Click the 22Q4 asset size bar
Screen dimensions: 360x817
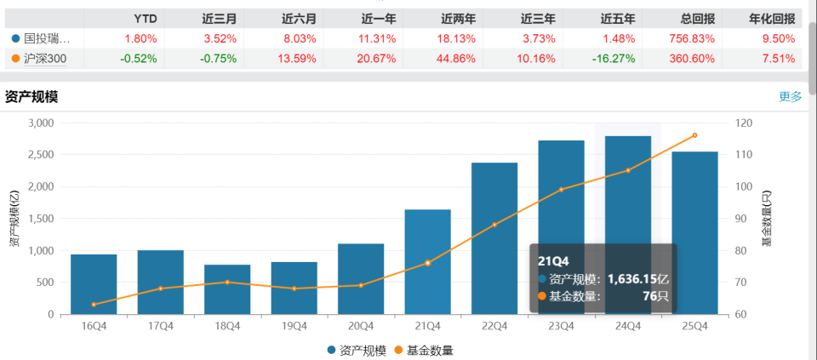point(494,238)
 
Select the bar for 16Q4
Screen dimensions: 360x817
point(94,284)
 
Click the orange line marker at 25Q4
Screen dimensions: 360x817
point(694,135)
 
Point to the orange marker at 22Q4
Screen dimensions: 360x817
point(494,225)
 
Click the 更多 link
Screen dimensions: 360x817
point(790,96)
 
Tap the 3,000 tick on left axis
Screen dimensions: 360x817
point(39,123)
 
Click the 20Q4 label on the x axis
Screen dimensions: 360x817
point(361,326)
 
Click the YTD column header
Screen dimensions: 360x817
point(146,18)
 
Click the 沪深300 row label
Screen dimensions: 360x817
point(50,59)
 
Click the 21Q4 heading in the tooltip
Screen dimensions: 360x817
point(553,260)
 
